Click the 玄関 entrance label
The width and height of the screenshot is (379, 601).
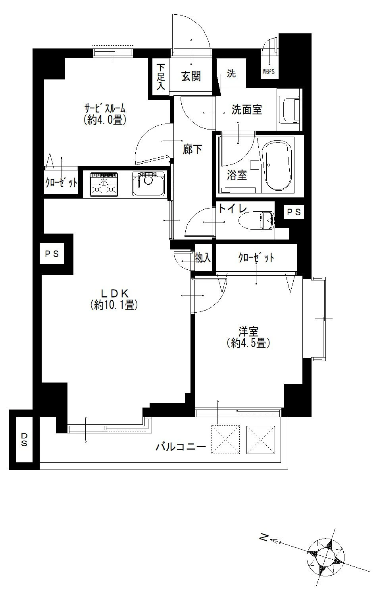point(191,76)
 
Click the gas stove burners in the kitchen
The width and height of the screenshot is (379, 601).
point(104,184)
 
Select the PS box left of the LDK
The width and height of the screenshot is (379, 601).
point(52,253)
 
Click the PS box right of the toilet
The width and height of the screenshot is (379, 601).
point(294,213)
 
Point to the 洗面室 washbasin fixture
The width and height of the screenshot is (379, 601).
point(289,109)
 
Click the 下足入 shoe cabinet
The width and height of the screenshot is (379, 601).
point(160,77)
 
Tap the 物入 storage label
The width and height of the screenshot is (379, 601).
point(203,258)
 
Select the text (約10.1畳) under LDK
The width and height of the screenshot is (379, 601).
point(114,305)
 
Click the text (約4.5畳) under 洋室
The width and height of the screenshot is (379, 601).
point(248,343)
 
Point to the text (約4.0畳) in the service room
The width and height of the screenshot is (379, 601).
point(105,120)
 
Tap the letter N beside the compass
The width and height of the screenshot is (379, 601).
point(262,538)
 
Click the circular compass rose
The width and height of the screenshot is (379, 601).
point(325,556)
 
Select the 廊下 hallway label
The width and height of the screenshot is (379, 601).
point(192,149)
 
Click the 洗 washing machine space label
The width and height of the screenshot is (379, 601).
point(231,73)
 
